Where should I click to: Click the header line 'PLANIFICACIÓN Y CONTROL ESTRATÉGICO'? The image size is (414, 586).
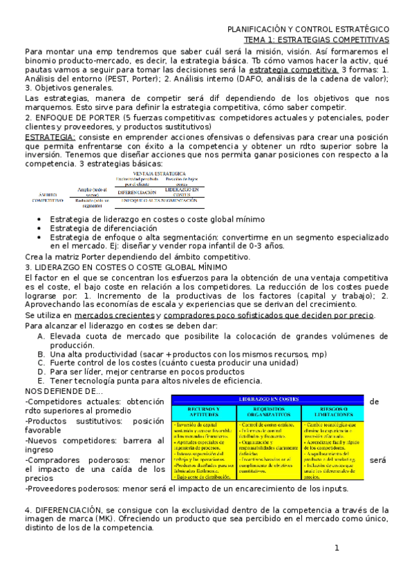[308, 30]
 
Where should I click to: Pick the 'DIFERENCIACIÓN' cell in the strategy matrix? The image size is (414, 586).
[137, 193]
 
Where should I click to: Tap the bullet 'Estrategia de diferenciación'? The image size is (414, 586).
[103, 228]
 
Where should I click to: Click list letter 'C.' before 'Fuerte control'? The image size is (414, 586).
[41, 362]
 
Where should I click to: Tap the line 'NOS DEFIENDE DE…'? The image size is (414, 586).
[63, 391]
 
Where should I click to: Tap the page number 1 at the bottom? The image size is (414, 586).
[337, 548]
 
